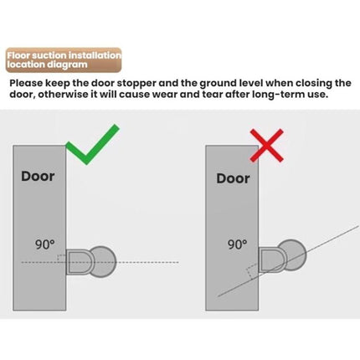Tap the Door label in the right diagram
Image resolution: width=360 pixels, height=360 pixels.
pos(233,177)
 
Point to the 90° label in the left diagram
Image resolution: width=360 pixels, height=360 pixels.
pos(46,245)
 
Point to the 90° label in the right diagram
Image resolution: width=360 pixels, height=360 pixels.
pos(238,244)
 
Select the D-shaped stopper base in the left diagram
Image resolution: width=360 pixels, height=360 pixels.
pos(76,260)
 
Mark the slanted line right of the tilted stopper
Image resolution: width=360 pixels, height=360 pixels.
pos(331,232)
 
